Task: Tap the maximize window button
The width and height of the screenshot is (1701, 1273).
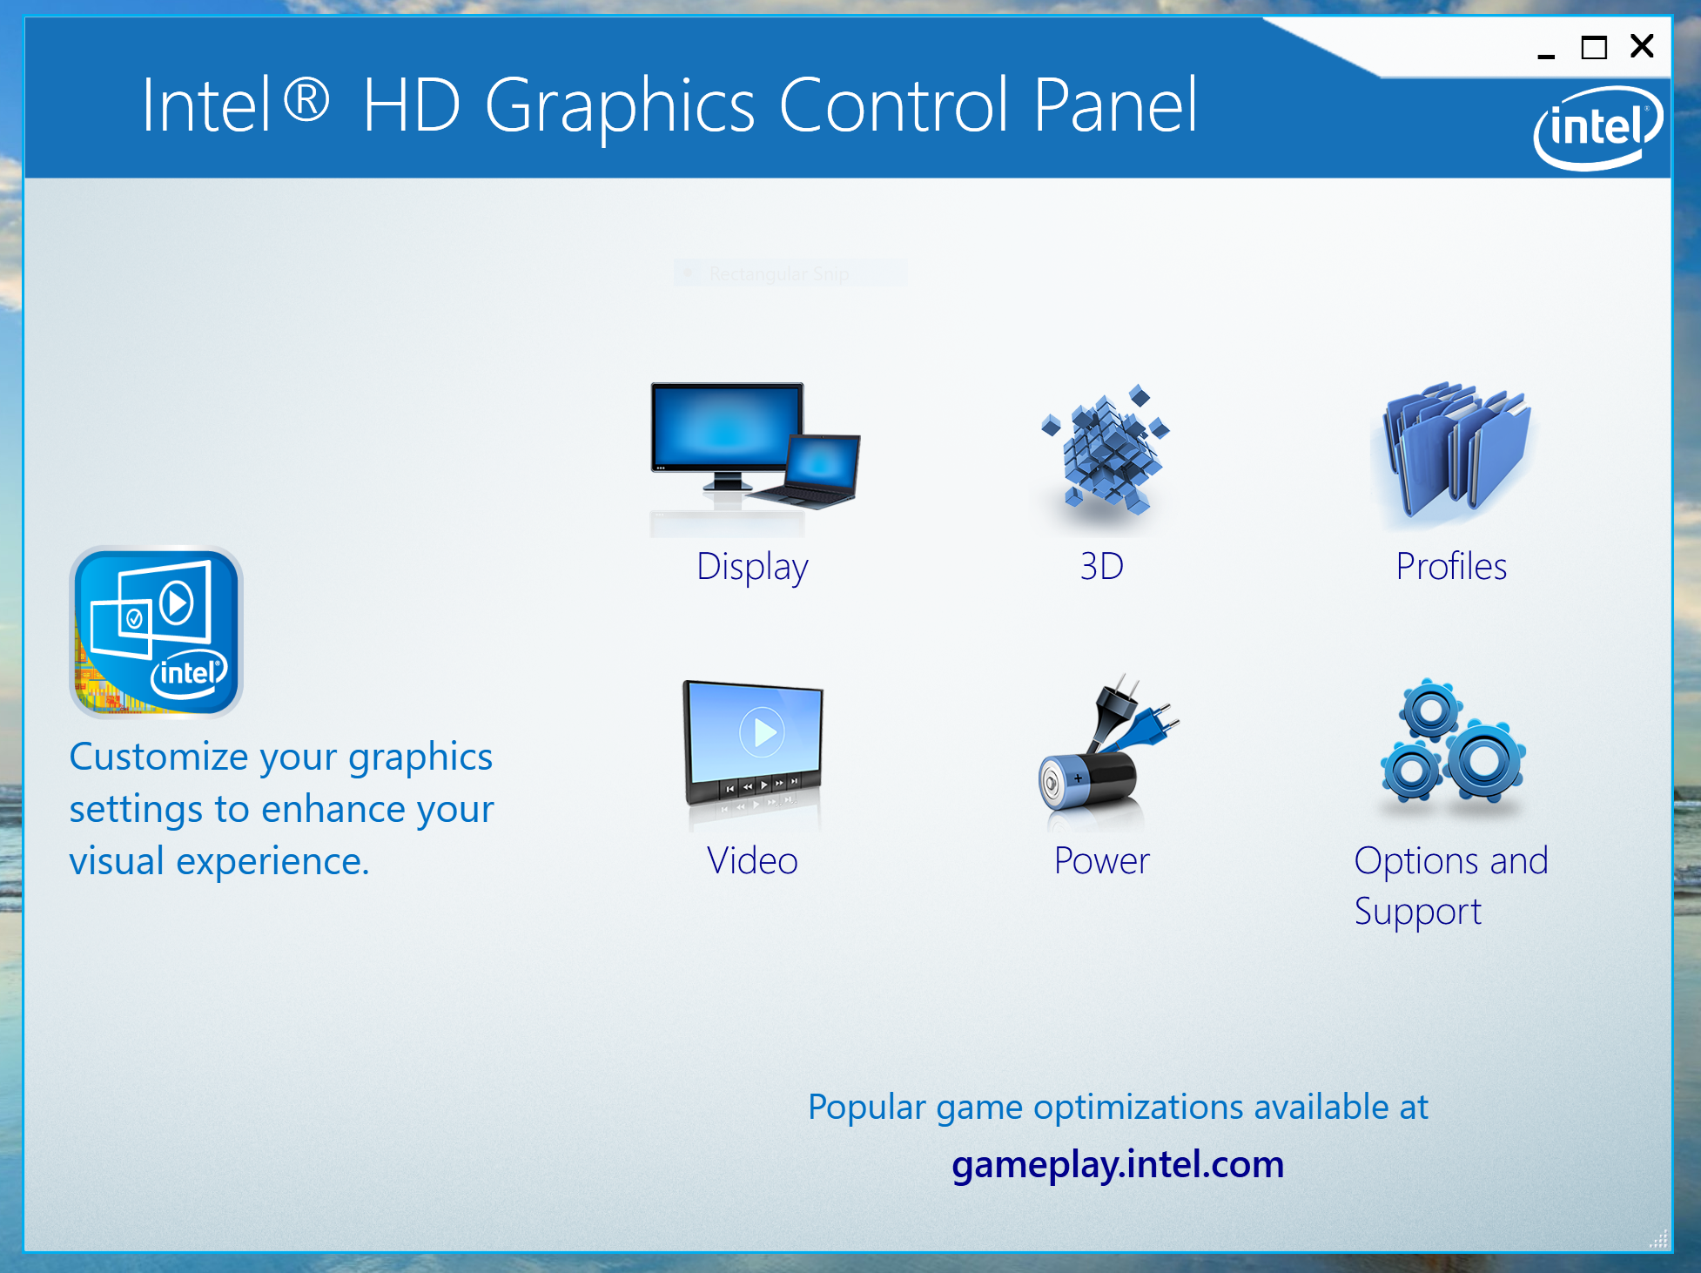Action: point(1594,47)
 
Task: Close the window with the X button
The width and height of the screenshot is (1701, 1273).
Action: point(1642,46)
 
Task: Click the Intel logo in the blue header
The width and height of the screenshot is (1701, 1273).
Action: point(1598,128)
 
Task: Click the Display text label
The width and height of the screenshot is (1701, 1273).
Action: point(752,568)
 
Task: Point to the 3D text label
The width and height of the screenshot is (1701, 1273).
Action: point(1102,567)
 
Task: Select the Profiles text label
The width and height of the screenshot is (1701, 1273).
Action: point(1451,567)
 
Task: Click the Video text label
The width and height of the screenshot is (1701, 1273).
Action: point(752,861)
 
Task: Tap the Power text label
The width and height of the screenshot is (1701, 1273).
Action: point(1102,861)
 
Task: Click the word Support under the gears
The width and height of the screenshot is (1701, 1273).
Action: point(1418,913)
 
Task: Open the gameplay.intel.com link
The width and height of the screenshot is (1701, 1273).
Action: point(1118,1165)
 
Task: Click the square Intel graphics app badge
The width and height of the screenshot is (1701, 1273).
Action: point(156,632)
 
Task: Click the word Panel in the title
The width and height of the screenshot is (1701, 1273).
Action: point(1116,105)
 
